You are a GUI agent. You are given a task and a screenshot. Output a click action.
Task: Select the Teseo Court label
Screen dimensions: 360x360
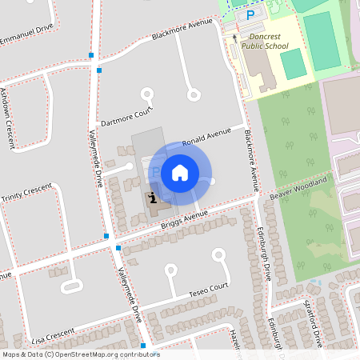coord(208,290)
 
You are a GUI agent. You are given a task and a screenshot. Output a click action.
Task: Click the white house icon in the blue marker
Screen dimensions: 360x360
coord(180,173)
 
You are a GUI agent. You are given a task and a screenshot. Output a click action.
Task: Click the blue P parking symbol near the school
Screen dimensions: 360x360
coord(250,14)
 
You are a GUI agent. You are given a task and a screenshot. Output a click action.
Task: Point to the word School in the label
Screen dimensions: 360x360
coord(278,46)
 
